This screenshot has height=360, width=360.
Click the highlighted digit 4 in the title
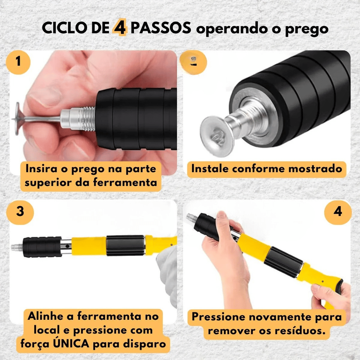119,28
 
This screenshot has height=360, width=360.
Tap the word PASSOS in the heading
161,28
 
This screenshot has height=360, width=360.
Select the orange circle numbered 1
18,62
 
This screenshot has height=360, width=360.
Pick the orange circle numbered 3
20,211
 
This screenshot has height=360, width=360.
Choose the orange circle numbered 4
338,211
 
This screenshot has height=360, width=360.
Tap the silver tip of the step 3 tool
17,248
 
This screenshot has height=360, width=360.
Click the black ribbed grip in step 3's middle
125,245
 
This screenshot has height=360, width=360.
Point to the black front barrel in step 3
42,247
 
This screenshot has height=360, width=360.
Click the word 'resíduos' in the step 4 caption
290,331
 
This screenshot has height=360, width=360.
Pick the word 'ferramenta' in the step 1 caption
125,183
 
